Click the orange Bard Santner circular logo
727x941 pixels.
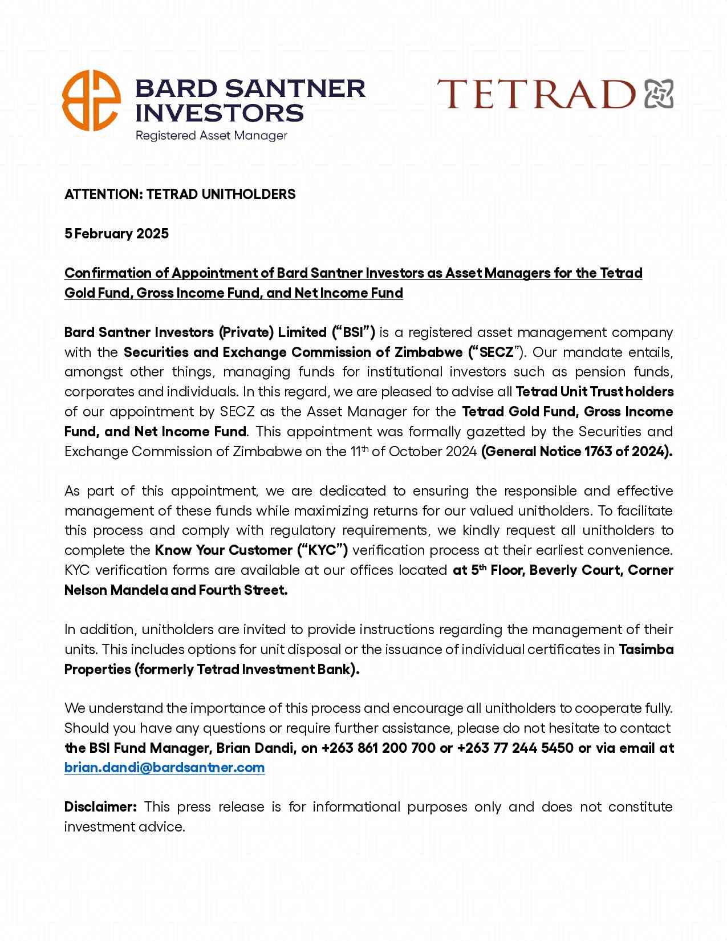(x=91, y=100)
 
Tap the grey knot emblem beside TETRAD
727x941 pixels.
(x=659, y=94)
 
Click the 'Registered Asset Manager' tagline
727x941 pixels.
(x=211, y=136)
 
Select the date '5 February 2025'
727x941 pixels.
(x=116, y=234)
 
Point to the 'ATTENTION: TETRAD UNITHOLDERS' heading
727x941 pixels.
(x=180, y=194)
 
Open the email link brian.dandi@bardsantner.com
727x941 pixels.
(x=164, y=768)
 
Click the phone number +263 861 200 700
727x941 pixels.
(x=379, y=748)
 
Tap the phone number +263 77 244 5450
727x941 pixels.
(x=515, y=748)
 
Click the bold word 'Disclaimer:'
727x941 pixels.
(x=100, y=807)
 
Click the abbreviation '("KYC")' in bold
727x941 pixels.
(x=322, y=550)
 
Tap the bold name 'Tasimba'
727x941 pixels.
(x=646, y=650)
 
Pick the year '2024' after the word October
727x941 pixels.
(x=461, y=452)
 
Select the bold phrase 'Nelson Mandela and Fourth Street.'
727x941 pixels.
(x=176, y=590)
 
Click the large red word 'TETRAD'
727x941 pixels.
(x=536, y=95)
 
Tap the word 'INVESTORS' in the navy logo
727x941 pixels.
(x=220, y=113)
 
